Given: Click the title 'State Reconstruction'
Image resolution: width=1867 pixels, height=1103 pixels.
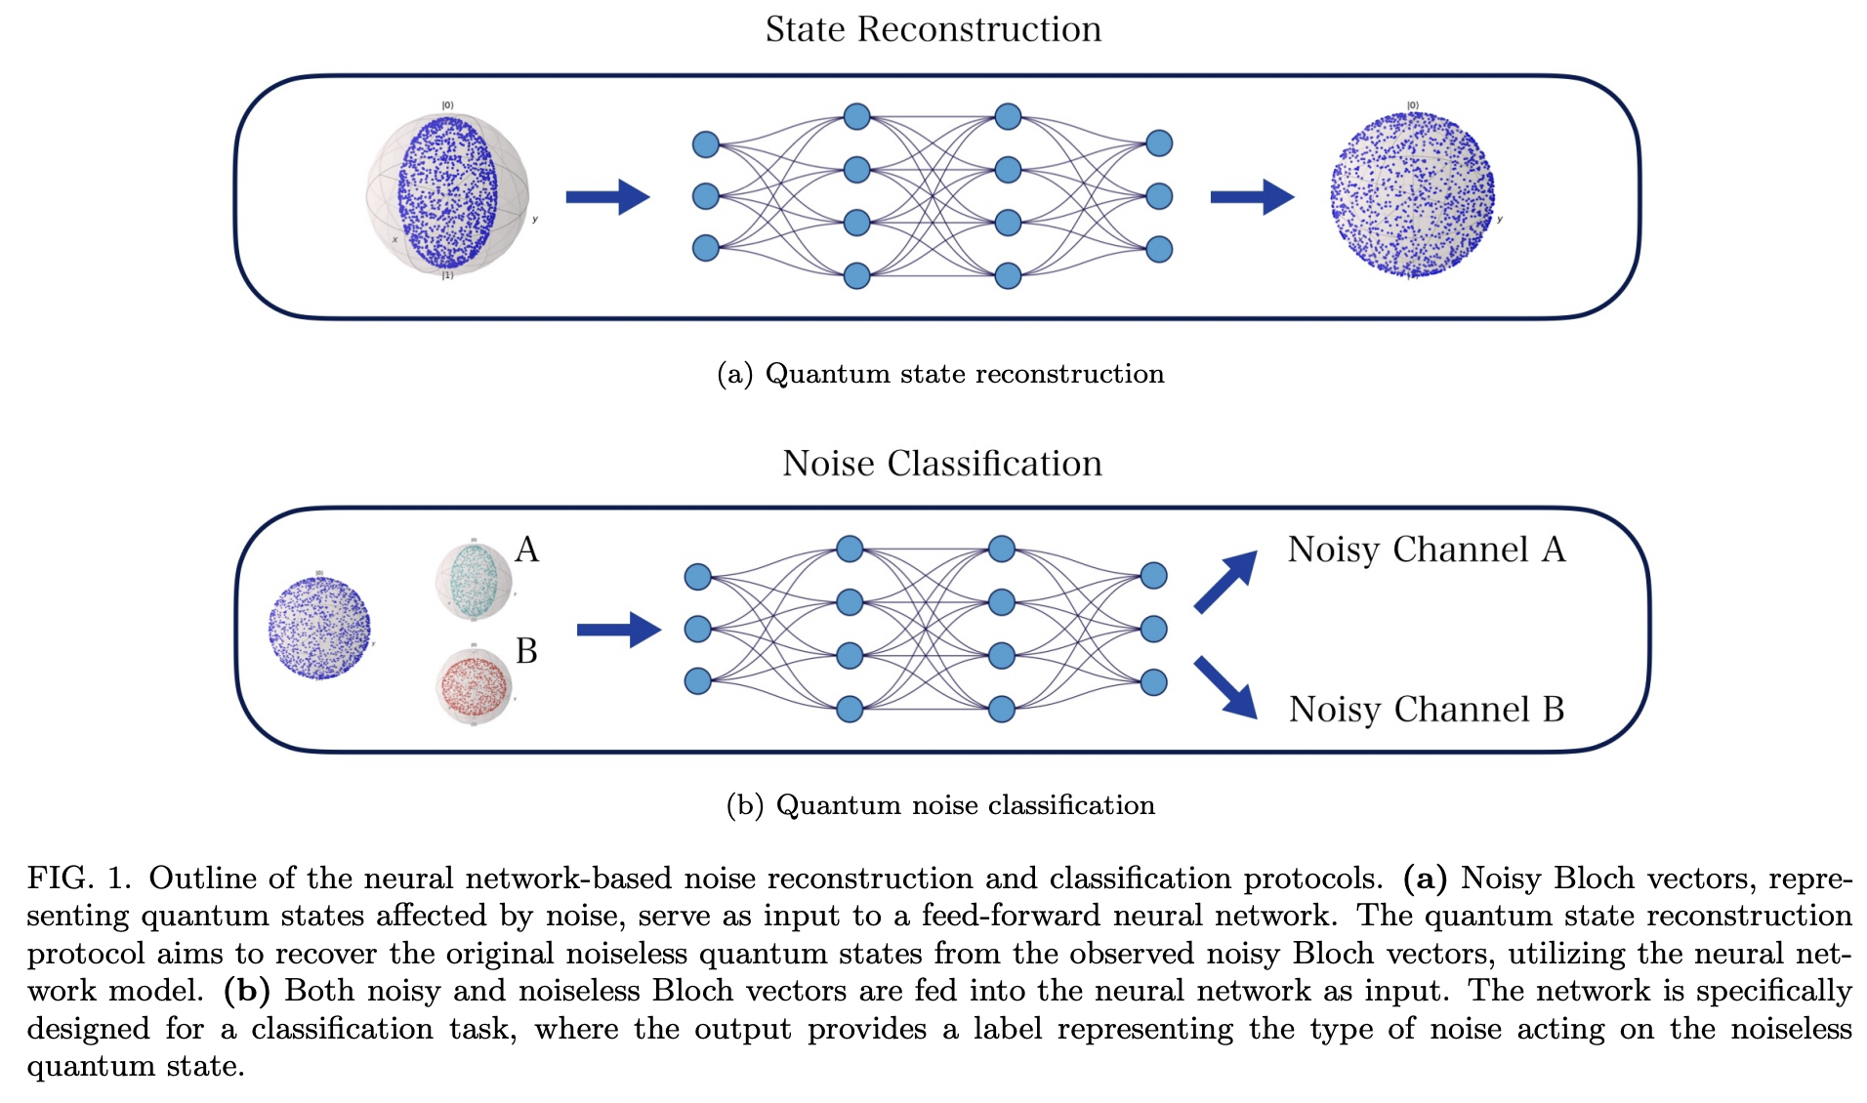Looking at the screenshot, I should click(x=933, y=29).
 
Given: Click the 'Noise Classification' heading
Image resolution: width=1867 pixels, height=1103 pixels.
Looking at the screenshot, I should click(x=941, y=463).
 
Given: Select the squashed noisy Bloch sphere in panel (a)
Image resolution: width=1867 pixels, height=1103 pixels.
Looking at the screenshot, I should click(x=448, y=192).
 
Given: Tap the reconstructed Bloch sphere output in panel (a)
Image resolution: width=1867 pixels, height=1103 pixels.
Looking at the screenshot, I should click(x=1412, y=193).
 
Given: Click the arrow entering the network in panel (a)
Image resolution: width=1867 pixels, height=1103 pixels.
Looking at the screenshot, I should click(x=607, y=196).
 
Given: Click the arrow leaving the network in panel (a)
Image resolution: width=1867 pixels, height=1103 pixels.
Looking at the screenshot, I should click(x=1252, y=196).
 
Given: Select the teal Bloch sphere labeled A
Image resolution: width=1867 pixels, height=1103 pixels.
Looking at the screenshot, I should click(x=474, y=581).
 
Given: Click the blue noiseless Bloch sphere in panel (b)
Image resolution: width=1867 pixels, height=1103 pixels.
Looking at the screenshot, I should click(x=319, y=628).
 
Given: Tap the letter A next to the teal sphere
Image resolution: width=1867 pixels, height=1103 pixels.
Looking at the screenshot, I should click(x=526, y=550).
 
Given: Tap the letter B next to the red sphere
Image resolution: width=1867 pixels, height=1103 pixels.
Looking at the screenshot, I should click(x=526, y=651).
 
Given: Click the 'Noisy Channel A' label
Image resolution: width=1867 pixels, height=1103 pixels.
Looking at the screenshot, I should click(x=1426, y=550).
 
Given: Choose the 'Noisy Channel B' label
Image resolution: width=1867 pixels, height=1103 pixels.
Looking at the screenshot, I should click(x=1426, y=710).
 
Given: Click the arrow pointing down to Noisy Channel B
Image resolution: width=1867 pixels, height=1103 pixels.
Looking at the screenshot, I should click(x=1226, y=687).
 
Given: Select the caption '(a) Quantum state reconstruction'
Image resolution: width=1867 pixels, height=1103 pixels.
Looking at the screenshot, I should click(x=940, y=374).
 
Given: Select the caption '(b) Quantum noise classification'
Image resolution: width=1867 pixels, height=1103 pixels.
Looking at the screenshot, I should click(x=940, y=805).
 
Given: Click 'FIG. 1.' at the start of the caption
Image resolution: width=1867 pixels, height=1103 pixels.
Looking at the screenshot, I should click(x=78, y=878).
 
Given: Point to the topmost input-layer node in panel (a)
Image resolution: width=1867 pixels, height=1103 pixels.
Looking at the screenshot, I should click(x=705, y=144).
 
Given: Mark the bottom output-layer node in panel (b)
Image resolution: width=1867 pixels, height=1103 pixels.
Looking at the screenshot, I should click(x=1153, y=681).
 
